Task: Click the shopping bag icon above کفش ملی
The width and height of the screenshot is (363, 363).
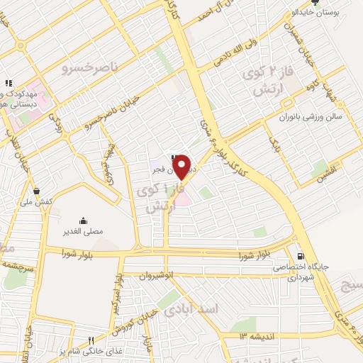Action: pos(37,191)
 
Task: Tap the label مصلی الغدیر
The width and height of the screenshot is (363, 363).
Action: pos(83,230)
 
